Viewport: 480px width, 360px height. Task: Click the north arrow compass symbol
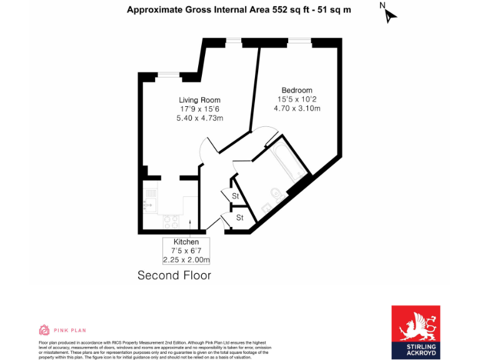click(x=389, y=14)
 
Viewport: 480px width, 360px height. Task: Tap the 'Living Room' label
click(x=199, y=100)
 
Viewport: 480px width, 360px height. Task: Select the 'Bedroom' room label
click(x=297, y=91)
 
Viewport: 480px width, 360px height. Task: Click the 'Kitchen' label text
click(x=186, y=242)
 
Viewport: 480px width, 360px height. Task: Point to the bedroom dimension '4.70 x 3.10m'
click(x=297, y=108)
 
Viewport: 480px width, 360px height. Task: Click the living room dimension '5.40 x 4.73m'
click(x=199, y=118)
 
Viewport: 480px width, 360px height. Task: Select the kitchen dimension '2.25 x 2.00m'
click(x=186, y=260)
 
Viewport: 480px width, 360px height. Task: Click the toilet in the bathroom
click(x=276, y=193)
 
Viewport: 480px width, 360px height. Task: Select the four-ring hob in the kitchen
click(x=171, y=221)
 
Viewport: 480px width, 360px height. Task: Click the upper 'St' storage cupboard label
click(x=236, y=196)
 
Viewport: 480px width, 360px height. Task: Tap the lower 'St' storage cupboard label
click(x=239, y=217)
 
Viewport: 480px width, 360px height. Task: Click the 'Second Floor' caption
click(x=174, y=275)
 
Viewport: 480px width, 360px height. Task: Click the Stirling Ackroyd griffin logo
click(x=416, y=325)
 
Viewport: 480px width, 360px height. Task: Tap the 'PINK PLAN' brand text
click(x=69, y=330)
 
